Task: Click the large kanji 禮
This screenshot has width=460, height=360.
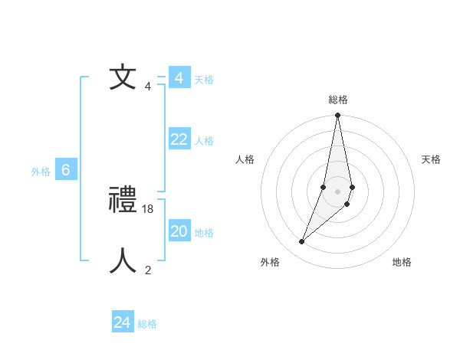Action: click(123, 201)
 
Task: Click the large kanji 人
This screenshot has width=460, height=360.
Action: click(123, 261)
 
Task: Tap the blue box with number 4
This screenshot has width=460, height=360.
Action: click(179, 78)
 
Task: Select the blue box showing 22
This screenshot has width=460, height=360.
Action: click(179, 139)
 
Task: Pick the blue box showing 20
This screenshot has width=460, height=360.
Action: click(179, 231)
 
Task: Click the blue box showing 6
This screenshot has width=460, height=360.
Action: click(66, 170)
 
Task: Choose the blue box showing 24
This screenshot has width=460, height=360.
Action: click(123, 322)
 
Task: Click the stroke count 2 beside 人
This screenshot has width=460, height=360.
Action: click(148, 270)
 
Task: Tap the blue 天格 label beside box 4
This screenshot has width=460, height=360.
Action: click(204, 80)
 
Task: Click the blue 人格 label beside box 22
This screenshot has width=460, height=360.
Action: click(204, 141)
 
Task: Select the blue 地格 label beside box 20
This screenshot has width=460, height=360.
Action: click(204, 233)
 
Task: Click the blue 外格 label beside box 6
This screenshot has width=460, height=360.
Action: click(41, 172)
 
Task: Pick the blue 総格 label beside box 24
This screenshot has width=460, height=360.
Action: click(147, 325)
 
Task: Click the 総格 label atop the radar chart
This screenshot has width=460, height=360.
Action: click(338, 100)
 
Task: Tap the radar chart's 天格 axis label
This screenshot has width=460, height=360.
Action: click(431, 159)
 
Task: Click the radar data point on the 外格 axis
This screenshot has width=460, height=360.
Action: click(302, 242)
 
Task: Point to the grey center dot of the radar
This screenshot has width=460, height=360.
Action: click(338, 191)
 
